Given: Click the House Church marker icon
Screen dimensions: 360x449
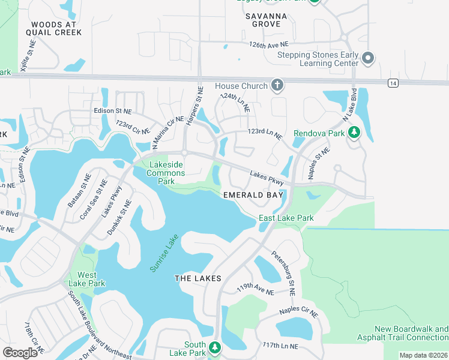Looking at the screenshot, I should (x=277, y=86).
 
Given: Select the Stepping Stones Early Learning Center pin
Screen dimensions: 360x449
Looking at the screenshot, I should (x=368, y=59).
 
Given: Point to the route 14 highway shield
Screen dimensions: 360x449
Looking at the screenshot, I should (x=392, y=82).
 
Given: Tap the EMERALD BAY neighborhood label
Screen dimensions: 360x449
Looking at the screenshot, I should (x=253, y=195).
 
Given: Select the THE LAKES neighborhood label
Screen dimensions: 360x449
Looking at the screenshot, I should (x=198, y=278).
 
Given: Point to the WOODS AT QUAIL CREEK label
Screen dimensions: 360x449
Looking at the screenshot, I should (x=53, y=28).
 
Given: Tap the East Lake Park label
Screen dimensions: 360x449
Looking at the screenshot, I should (x=286, y=218).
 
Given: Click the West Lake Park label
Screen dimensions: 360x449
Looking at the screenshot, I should (x=87, y=279).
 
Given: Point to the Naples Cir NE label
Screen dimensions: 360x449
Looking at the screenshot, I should (x=298, y=313).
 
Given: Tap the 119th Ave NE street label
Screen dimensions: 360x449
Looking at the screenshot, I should (x=255, y=289).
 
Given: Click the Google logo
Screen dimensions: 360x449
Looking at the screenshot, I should (x=20, y=352).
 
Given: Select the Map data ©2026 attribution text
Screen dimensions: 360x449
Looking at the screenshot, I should (x=423, y=355).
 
